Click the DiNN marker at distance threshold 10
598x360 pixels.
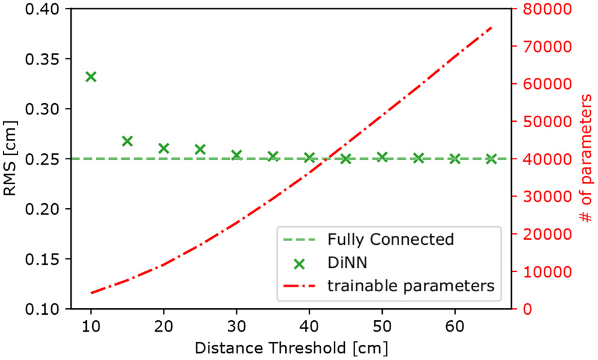(91, 77)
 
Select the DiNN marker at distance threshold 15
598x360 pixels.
(127, 141)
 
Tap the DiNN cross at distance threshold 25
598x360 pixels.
(200, 149)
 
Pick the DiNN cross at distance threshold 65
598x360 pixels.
(491, 159)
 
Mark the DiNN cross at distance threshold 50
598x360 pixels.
(382, 157)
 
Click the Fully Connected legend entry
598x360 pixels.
(390, 239)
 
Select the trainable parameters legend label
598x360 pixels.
(411, 285)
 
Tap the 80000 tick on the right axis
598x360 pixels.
(540, 9)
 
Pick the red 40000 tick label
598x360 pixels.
(540, 159)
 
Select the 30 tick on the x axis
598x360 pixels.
(236, 326)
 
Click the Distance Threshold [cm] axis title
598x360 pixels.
(291, 348)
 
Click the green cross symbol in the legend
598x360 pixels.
(298, 262)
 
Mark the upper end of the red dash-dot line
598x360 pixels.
(492, 27)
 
